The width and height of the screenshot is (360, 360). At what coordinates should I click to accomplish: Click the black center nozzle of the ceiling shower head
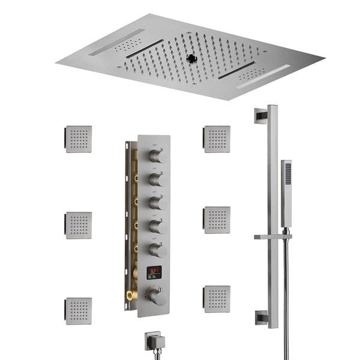(x=193, y=58)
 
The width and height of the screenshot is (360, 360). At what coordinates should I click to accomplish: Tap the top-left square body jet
(x=79, y=139)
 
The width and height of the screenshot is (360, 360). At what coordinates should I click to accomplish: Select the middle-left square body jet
(x=79, y=225)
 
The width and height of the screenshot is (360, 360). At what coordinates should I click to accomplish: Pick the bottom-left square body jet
(x=79, y=311)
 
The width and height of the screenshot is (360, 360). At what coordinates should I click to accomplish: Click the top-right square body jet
(x=217, y=139)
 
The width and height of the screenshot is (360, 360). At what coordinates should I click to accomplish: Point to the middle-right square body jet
(x=217, y=220)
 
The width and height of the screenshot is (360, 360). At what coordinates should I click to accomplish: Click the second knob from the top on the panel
(x=157, y=179)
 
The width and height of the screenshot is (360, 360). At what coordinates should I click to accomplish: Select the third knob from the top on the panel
(x=157, y=202)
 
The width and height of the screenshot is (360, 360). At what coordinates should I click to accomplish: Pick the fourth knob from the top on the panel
(x=157, y=226)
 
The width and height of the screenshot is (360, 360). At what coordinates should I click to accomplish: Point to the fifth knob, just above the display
(x=157, y=250)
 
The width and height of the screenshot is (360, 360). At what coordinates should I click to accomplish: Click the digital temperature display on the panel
(x=155, y=273)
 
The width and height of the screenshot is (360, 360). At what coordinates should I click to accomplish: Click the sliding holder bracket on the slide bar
(x=273, y=236)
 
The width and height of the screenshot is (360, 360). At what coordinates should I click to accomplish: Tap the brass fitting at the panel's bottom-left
(x=130, y=296)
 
